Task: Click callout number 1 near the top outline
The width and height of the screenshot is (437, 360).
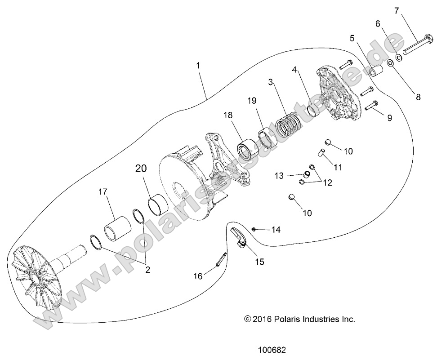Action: point(198,65)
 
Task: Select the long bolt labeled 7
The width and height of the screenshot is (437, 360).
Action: point(418,47)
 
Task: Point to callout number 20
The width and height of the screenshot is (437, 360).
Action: point(141,169)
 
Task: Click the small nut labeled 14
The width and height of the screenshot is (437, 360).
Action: point(254,229)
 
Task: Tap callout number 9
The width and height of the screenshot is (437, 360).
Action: point(389,118)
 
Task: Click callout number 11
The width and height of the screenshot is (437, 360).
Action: point(338,167)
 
